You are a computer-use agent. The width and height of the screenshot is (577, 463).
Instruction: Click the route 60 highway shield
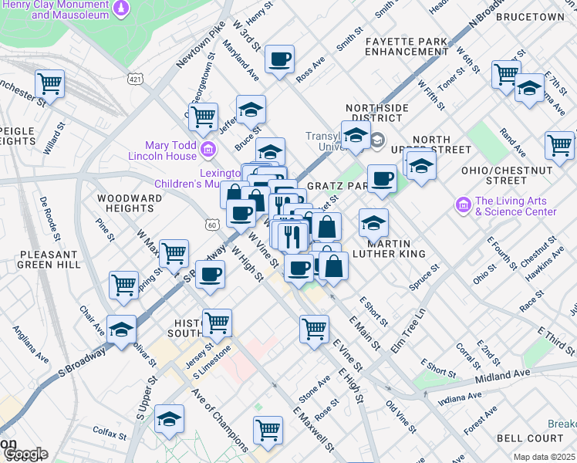(x=212, y=224)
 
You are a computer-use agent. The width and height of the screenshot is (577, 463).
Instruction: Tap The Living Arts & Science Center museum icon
(x=463, y=205)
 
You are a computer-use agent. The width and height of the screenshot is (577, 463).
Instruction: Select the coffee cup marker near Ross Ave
(x=280, y=58)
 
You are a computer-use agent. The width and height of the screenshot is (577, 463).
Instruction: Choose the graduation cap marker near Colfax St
(x=169, y=419)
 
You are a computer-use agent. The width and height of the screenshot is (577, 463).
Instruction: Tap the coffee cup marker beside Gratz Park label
(x=381, y=179)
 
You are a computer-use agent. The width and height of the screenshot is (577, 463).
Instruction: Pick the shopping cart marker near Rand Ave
(x=559, y=144)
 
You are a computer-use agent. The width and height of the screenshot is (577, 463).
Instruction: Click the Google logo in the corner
(x=25, y=454)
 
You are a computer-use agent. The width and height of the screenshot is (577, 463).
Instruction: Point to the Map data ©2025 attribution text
(x=543, y=457)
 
